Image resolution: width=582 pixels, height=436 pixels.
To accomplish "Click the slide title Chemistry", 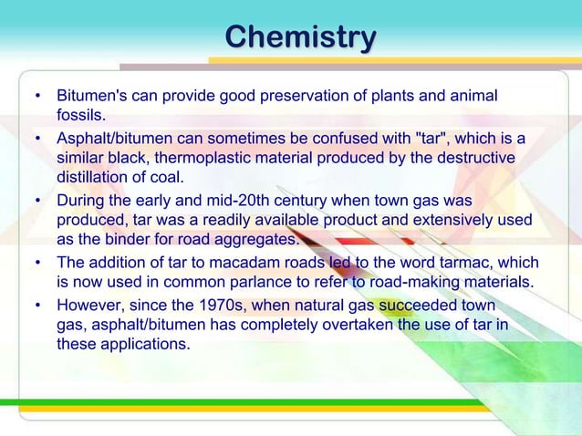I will pyautogui.click(x=300, y=38).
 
